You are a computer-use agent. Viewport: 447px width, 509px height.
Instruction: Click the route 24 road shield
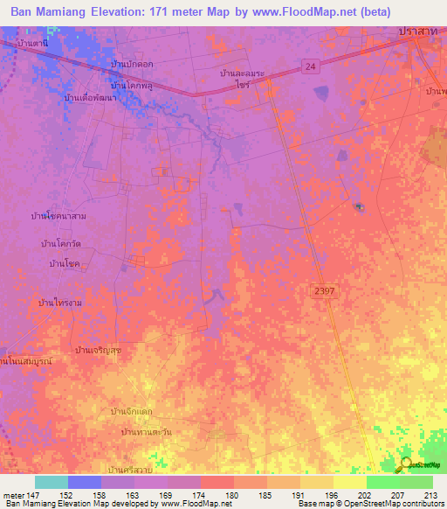coord(312,66)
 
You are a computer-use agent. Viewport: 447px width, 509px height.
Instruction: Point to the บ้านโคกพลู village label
coord(132,86)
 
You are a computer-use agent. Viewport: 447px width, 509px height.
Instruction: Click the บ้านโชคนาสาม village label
coord(59,215)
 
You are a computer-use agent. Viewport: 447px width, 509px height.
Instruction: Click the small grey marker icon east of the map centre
coord(359,206)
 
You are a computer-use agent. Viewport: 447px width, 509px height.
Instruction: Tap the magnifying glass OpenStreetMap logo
coord(406,464)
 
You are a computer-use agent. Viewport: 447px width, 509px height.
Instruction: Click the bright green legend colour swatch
coord(382,482)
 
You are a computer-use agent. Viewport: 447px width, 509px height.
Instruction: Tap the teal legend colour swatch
coord(52,482)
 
